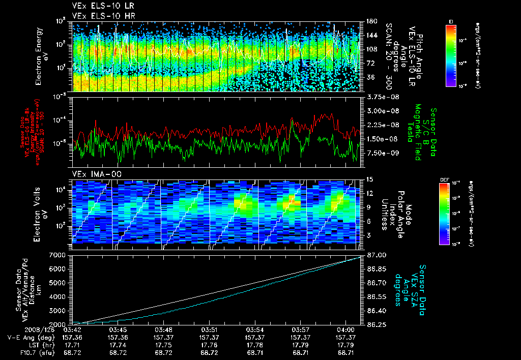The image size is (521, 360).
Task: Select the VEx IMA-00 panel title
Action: [x=92, y=174]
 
